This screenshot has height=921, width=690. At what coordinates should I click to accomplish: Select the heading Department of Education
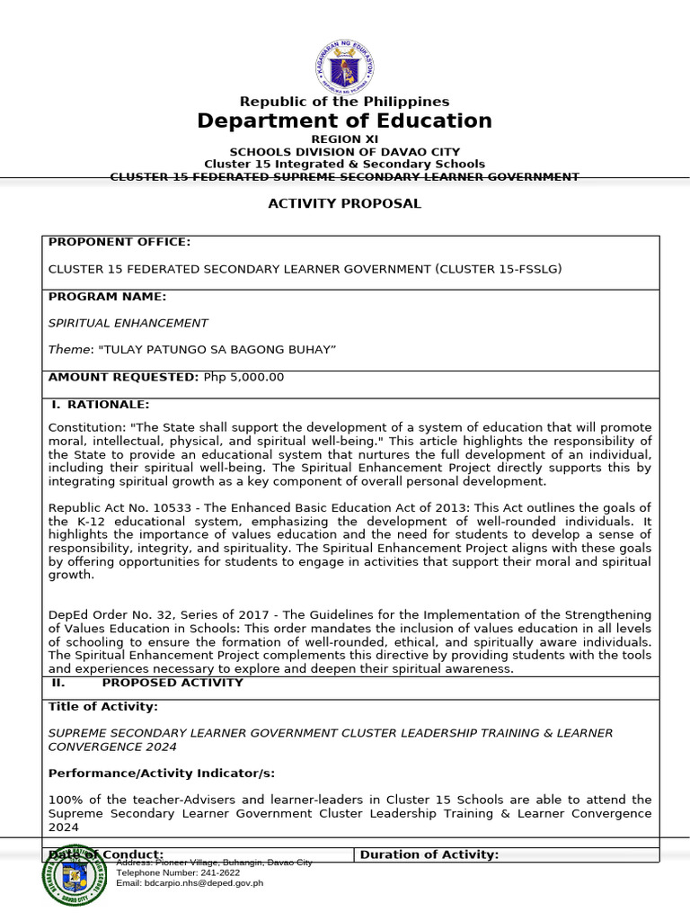(345, 121)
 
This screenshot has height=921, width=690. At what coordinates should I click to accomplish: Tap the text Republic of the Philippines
(344, 102)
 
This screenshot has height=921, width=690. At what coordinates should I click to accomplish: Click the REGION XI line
(344, 139)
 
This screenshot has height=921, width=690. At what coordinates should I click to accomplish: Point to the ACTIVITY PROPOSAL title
(344, 203)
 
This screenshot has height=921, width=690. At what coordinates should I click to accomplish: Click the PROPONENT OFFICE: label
(119, 242)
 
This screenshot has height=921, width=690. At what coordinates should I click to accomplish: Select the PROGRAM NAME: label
(107, 297)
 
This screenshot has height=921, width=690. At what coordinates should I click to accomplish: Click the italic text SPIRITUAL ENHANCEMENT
(128, 323)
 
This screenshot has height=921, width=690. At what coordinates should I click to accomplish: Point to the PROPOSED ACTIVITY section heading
(172, 683)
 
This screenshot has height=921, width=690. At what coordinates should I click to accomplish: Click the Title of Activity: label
(102, 707)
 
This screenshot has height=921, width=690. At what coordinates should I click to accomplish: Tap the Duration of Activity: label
(429, 854)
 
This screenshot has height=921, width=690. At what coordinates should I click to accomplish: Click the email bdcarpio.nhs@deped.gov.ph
(206, 883)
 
